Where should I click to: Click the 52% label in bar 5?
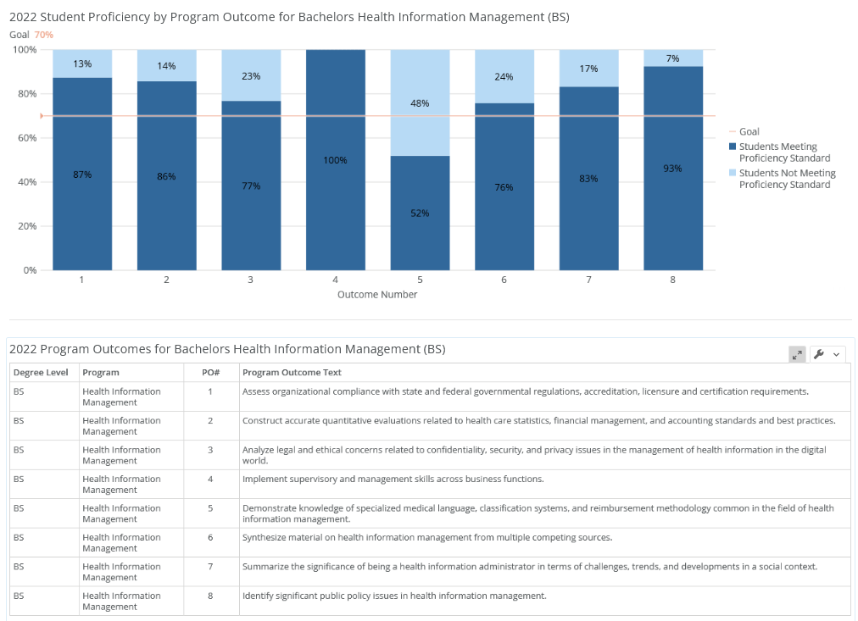(420, 213)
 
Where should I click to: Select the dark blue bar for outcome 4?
(335, 203)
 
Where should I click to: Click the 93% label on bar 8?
(672, 169)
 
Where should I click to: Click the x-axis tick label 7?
(588, 280)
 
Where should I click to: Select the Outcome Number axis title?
(377, 295)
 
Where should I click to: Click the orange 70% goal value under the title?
(43, 35)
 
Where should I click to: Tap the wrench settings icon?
(819, 354)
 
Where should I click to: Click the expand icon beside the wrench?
(797, 354)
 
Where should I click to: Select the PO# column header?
(210, 373)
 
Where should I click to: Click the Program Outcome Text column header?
(292, 373)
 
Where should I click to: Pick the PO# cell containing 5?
(210, 508)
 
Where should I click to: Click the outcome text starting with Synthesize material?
(426, 537)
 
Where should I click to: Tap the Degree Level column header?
(41, 373)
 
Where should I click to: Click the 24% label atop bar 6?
(504, 77)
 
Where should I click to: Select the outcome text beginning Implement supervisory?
(393, 479)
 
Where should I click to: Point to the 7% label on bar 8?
(672, 58)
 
